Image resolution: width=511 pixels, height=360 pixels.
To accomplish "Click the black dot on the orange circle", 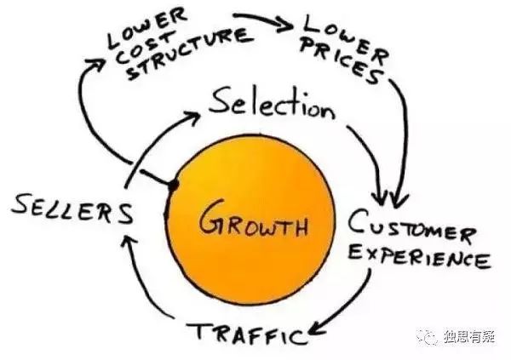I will [173, 185].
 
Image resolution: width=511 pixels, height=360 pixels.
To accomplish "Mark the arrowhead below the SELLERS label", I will [126, 244].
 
